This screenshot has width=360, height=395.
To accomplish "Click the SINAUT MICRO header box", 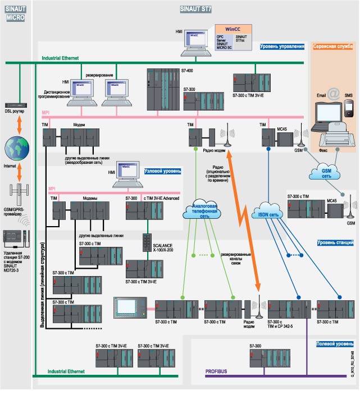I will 15,14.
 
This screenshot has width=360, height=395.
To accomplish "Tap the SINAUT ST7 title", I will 195,10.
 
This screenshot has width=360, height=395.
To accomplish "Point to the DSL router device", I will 15,105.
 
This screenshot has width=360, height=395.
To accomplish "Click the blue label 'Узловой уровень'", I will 163,169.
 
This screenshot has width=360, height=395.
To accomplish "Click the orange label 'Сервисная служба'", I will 332,47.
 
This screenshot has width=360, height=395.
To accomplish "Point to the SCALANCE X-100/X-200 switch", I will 147,242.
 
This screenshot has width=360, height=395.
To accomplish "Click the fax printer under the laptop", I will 330,137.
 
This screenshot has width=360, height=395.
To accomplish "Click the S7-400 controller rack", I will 161,89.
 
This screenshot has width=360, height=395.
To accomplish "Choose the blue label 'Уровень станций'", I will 335,242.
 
